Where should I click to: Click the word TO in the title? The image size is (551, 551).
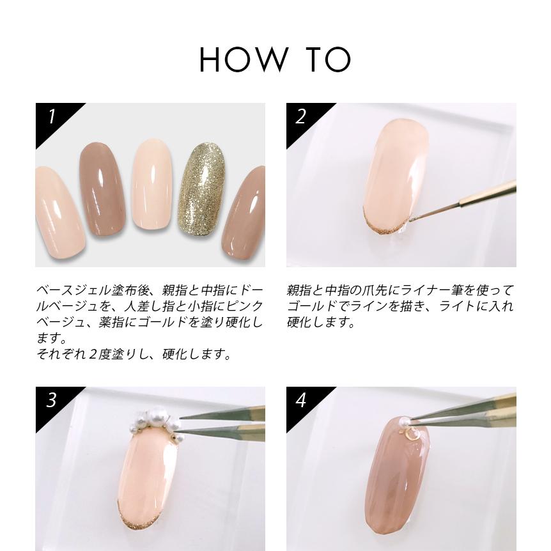[328, 59]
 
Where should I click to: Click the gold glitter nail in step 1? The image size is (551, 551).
[201, 189]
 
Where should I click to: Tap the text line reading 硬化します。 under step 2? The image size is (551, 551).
[321, 323]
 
